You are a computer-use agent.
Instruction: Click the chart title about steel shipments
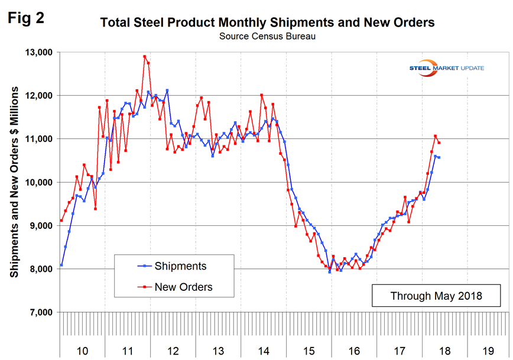(x=267, y=23)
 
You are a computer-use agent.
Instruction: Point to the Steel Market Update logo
(x=446, y=67)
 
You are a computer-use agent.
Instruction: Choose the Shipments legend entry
(x=177, y=266)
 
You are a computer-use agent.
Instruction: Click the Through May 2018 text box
(x=436, y=295)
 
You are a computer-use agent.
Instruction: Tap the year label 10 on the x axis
(x=83, y=351)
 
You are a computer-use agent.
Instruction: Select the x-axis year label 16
(x=354, y=351)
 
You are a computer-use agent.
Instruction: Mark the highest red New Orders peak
(x=144, y=57)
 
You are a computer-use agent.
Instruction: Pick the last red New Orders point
(x=439, y=142)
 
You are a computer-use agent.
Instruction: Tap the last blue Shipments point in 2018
(x=439, y=157)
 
